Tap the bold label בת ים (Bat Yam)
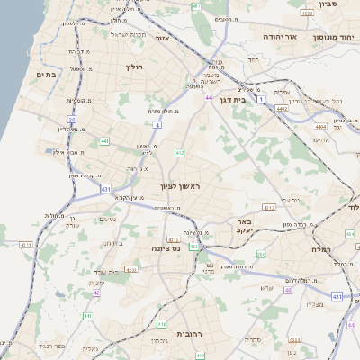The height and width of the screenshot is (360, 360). [46, 75]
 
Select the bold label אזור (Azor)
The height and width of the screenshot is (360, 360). [163, 39]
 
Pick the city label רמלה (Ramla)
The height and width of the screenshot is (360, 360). [322, 248]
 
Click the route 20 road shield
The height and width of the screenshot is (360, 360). [70, 119]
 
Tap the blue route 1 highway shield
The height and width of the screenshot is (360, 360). [262, 101]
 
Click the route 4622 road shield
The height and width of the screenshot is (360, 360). [307, 13]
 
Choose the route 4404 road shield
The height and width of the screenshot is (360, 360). [321, 128]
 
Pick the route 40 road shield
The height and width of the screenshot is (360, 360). [288, 290]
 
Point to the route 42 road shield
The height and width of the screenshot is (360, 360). [96, 293]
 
